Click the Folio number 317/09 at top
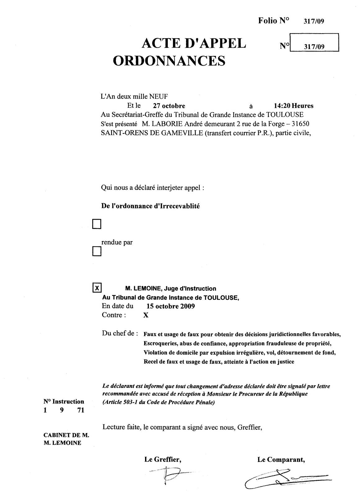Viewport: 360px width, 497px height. pyautogui.click(x=314, y=21)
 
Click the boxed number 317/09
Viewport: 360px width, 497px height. pyautogui.click(x=314, y=47)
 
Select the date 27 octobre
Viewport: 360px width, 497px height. pyautogui.click(x=169, y=106)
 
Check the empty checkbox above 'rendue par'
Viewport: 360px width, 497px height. pyautogui.click(x=97, y=224)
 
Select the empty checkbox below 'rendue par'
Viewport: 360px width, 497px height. pyautogui.click(x=97, y=251)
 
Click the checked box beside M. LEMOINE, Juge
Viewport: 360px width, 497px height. pyautogui.click(x=97, y=288)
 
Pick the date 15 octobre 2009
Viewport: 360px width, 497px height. pyautogui.click(x=171, y=306)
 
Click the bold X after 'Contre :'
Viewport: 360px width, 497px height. pyautogui.click(x=145, y=315)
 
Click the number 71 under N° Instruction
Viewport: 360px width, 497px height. pyautogui.click(x=81, y=410)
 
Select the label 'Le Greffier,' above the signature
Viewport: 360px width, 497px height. pyautogui.click(x=162, y=460)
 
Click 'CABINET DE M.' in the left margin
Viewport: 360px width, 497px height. pyautogui.click(x=66, y=435)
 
